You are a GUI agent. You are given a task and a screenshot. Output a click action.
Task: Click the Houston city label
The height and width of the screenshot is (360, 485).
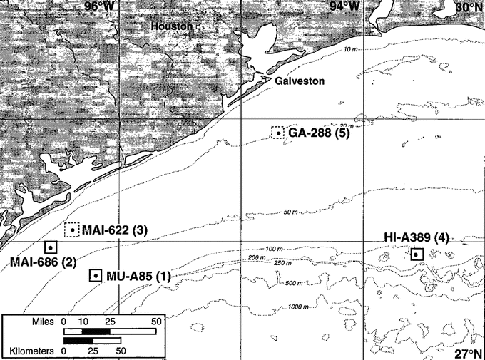(x=172, y=26)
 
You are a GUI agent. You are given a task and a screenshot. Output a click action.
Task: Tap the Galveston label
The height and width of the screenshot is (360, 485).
(x=300, y=81)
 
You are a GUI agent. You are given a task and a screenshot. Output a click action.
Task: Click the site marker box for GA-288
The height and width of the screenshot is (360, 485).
(x=277, y=133)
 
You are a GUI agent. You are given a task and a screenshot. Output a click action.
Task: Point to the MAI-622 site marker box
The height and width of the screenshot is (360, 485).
(x=71, y=230)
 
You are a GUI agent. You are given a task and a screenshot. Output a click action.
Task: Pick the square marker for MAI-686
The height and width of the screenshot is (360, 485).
(x=51, y=247)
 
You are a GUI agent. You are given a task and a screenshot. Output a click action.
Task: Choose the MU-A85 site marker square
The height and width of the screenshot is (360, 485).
(x=95, y=276)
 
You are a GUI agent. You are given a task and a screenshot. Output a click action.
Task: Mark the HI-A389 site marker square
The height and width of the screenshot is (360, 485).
(x=417, y=254)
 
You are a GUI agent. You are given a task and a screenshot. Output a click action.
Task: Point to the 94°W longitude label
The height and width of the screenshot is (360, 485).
(x=344, y=6)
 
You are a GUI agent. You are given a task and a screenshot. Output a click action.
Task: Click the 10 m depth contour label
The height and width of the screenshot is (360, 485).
(x=349, y=49)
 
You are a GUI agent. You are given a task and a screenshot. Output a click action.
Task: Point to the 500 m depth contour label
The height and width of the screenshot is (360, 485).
(x=291, y=283)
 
